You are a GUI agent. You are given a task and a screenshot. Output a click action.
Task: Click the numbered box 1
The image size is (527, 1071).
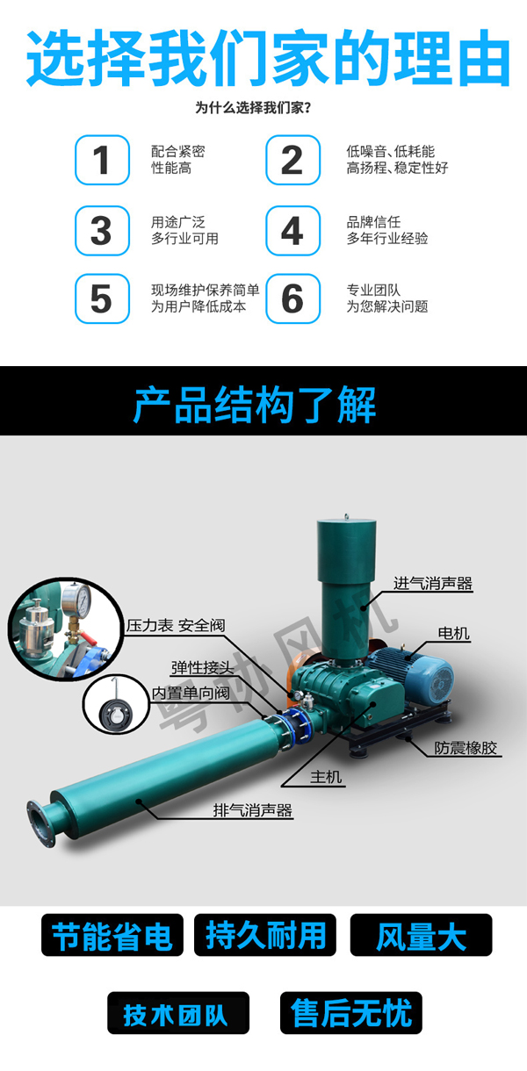102,160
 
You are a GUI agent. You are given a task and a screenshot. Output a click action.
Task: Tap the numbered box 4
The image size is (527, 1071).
292,230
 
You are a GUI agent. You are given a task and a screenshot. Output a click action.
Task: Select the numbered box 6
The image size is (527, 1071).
292,298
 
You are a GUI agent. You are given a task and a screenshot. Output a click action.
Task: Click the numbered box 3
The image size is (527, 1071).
102,230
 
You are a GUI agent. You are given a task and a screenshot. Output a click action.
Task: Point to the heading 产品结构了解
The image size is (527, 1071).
255,405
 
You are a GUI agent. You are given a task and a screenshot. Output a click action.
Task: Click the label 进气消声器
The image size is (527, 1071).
432,583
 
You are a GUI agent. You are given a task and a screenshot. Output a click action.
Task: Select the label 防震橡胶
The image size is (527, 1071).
466,749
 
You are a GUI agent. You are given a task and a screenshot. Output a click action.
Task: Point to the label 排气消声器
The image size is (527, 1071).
253,810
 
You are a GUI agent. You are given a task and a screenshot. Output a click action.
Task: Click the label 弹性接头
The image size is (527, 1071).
202,667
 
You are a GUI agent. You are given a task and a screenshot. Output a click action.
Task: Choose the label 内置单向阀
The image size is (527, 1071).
191,693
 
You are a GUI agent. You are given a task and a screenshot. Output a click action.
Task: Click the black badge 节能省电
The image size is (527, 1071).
112,936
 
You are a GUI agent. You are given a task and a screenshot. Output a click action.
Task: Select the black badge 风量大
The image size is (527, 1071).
421,936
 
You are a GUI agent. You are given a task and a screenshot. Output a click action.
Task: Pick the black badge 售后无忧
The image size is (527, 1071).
351,1014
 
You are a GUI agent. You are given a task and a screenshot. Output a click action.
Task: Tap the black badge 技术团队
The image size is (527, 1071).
177,1014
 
